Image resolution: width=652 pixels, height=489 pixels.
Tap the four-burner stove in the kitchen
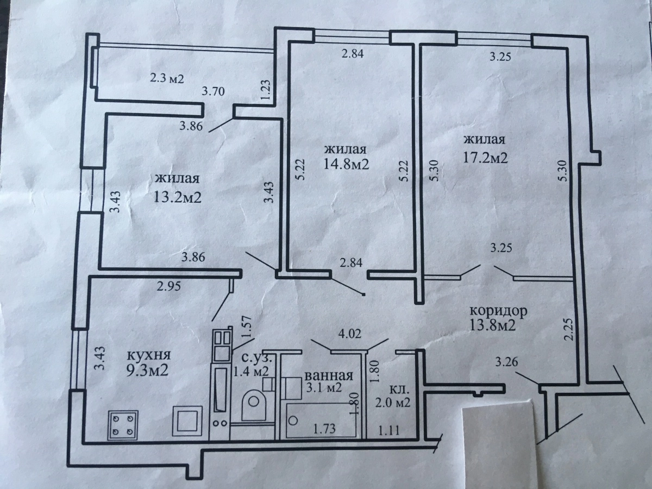coord(123,425)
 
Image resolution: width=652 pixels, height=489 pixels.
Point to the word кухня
coord(148,355)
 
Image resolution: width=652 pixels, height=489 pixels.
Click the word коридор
coord(498,311)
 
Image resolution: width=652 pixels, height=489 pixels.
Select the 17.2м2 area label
coord(485,158)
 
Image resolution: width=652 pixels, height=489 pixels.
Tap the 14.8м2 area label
coord(346,164)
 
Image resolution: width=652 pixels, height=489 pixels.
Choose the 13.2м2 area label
coord(178,197)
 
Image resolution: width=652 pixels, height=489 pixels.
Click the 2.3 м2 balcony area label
coord(167,79)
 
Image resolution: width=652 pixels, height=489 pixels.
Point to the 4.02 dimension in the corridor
coord(350,334)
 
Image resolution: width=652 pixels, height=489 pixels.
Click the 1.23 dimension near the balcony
coord(266,90)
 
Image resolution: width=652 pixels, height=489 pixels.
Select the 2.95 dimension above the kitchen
coord(169,286)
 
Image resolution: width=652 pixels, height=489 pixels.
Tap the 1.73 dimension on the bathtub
coord(324,429)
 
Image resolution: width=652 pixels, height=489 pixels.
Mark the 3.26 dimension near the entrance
coord(507,362)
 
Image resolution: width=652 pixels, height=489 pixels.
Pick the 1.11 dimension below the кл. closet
coord(388,430)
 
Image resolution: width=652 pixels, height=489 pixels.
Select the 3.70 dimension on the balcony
coord(214,91)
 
